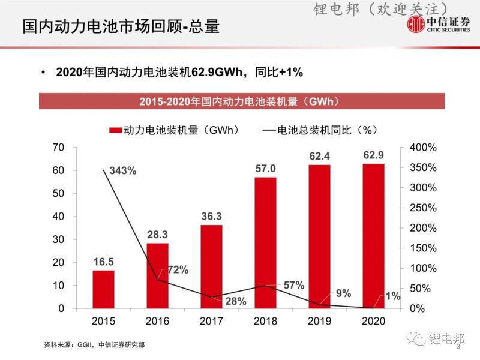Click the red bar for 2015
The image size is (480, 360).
(x=103, y=289)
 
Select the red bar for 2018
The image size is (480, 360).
(x=265, y=242)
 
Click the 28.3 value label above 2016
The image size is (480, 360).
(x=157, y=233)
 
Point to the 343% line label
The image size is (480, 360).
(x=123, y=170)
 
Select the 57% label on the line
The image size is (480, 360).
(x=294, y=285)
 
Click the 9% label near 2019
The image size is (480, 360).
(x=343, y=293)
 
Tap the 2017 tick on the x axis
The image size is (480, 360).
(x=211, y=321)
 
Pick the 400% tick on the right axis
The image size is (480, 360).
(x=423, y=147)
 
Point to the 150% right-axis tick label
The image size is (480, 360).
(x=423, y=248)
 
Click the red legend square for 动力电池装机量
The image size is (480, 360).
(x=115, y=130)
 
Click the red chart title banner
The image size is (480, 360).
(x=242, y=101)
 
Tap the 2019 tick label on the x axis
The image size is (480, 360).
(x=319, y=321)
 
